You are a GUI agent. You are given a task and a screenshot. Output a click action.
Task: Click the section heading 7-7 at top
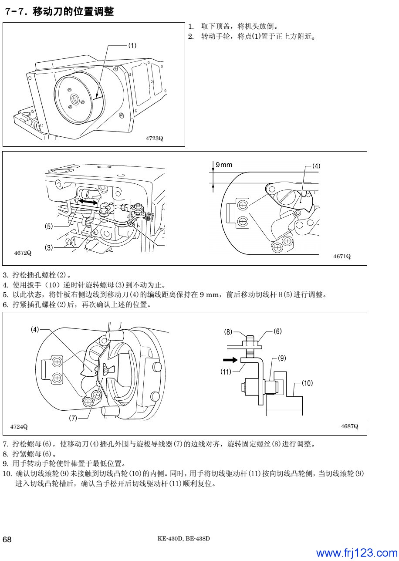click(58, 12)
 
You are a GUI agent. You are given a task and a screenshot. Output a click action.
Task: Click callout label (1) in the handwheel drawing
click(132, 45)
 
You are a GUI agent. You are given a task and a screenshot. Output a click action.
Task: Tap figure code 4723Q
click(154, 139)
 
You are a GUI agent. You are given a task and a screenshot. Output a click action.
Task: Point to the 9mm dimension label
click(224, 165)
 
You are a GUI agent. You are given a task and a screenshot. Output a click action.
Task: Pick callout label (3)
click(49, 247)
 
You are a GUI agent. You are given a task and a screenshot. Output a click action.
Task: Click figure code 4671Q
click(342, 256)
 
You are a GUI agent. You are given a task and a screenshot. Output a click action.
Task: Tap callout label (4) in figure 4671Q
click(316, 166)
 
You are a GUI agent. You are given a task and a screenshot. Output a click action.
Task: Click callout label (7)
click(73, 418)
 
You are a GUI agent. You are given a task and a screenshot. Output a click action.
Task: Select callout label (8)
click(228, 331)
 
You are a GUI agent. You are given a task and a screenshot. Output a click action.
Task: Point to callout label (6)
click(277, 331)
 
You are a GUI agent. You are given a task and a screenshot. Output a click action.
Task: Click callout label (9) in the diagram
click(281, 358)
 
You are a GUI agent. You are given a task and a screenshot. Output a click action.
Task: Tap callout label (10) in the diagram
click(307, 383)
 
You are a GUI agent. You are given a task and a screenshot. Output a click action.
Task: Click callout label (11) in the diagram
click(226, 372)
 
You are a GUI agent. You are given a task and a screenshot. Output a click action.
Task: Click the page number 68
click(7, 540)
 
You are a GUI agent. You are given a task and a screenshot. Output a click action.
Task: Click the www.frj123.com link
click(356, 553)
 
